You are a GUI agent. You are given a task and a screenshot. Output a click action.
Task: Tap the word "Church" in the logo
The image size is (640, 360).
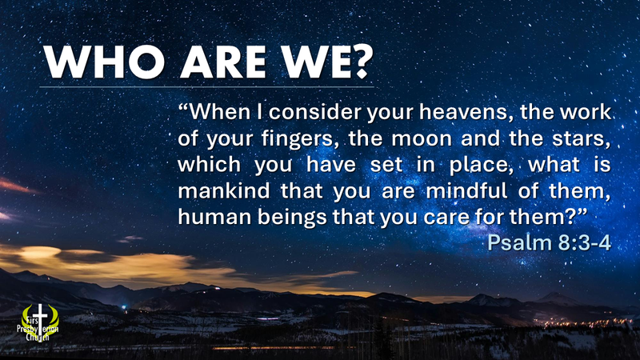point(35,337)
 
